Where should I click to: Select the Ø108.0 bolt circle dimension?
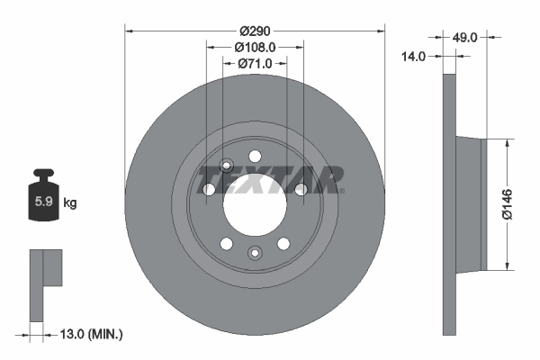pyautogui.click(x=255, y=47)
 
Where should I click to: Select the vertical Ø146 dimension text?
pyautogui.click(x=506, y=203)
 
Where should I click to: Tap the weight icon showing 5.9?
pyautogui.click(x=43, y=197)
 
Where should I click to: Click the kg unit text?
pyautogui.click(x=70, y=203)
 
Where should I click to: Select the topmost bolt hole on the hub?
pyautogui.click(x=255, y=155)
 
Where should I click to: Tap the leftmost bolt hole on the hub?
pyautogui.click(x=209, y=189)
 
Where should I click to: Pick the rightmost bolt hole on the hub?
pyautogui.click(x=301, y=189)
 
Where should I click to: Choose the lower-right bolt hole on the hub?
pyautogui.click(x=283, y=243)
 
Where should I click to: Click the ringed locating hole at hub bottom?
pyautogui.click(x=255, y=252)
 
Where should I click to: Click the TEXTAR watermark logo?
pyautogui.click(x=270, y=180)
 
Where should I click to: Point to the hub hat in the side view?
pyautogui.click(x=472, y=203)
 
